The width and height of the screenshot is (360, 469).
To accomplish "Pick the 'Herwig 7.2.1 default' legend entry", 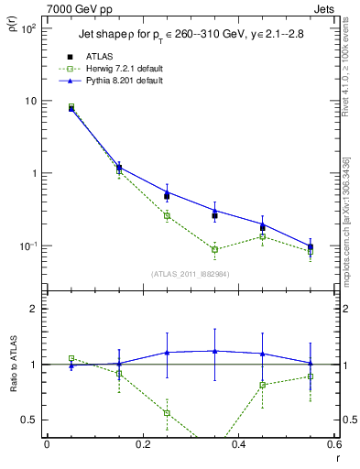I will [115, 69].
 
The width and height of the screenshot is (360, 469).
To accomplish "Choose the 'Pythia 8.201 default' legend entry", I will [115, 81].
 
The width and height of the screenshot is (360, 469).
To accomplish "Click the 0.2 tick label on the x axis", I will [143, 445].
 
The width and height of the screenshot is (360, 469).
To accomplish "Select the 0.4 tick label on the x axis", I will [240, 445].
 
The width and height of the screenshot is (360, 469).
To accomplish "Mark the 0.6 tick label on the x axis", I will [335, 445].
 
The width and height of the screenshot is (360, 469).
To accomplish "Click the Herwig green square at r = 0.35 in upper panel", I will [214, 249].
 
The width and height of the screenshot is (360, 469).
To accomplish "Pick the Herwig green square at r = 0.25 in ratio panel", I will [167, 413].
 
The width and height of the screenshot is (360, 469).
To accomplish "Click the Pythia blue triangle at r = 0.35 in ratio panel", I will [214, 351].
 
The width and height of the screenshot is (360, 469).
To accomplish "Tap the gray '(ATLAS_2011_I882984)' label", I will [191, 273].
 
